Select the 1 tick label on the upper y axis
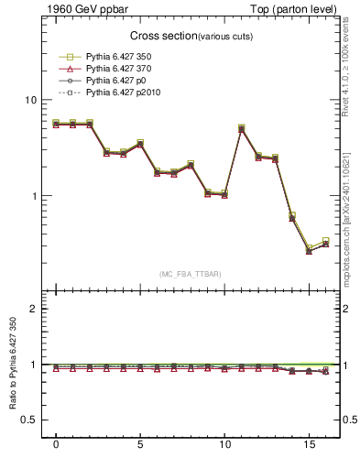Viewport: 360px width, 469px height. pos(33,196)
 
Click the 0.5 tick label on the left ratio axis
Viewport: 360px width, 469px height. pos(28,420)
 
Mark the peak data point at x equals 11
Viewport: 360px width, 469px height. pos(241,128)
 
